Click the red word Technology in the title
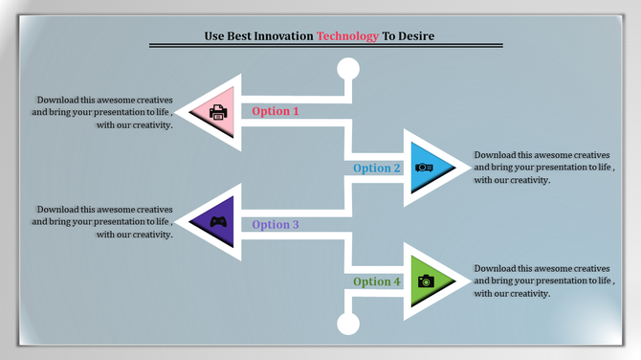[347, 35]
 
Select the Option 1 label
[276, 111]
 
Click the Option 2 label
[377, 169]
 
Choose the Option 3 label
[276, 225]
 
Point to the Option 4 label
[377, 281]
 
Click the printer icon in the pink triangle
[218, 112]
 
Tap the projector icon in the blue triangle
[424, 169]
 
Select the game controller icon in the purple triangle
[219, 223]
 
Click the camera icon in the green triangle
[426, 281]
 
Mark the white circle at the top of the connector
[348, 68]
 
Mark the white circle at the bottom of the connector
[348, 323]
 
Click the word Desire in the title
[417, 35]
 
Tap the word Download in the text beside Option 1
[56, 100]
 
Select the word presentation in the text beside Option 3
[113, 221]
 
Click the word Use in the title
[214, 35]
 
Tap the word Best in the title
[241, 35]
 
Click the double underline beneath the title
[325, 46]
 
